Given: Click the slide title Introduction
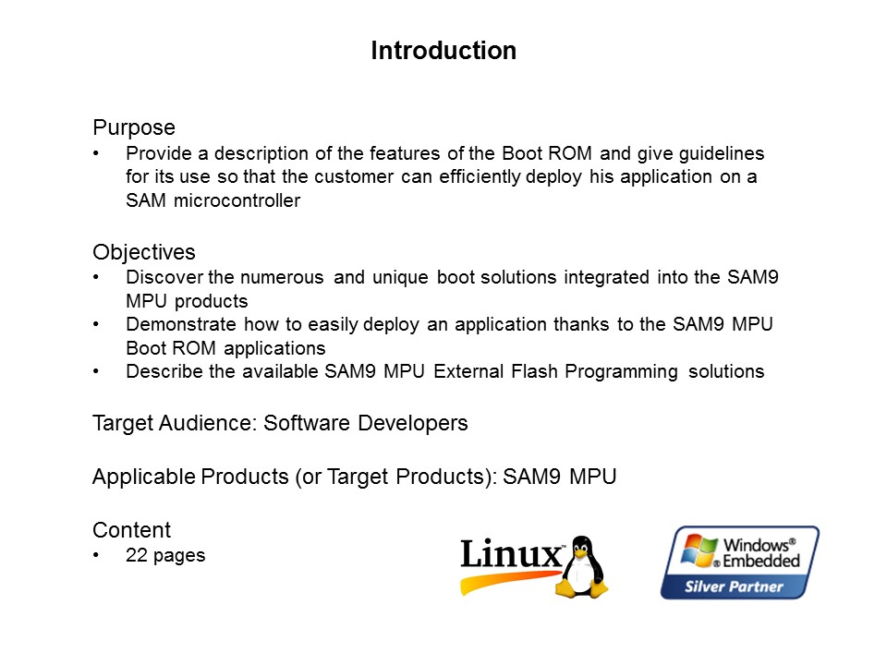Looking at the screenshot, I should tap(443, 51).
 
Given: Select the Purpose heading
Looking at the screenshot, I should tap(134, 127).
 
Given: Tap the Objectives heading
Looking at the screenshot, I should tap(144, 252).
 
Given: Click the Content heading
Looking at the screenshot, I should tap(131, 530).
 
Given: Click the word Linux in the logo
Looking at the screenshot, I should tap(511, 555).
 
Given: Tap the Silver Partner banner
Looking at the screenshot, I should tap(734, 586).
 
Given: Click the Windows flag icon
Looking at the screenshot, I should tap(699, 550).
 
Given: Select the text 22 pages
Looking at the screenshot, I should tap(165, 555).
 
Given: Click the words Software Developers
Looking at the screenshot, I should tap(366, 423).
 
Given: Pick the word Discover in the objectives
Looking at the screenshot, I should tap(161, 277).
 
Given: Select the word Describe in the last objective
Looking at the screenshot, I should tap(159, 371).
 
